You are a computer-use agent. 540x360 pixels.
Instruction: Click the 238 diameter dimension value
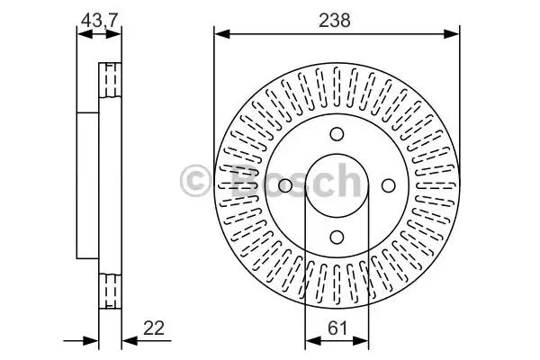coord(335,21)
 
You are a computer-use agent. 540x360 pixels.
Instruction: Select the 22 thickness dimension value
coord(154,328)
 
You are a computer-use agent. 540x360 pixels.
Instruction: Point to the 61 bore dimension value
coord(337,328)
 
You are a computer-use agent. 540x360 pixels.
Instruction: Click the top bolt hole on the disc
coord(337,134)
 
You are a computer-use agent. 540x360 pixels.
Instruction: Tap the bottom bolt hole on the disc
coord(337,237)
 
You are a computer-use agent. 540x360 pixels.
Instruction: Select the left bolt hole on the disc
coord(285,185)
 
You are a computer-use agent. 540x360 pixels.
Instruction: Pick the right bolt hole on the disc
coord(389,185)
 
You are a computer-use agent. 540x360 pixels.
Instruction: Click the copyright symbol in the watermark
coord(195,180)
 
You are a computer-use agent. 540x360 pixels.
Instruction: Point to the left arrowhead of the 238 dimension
coord(221,34)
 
